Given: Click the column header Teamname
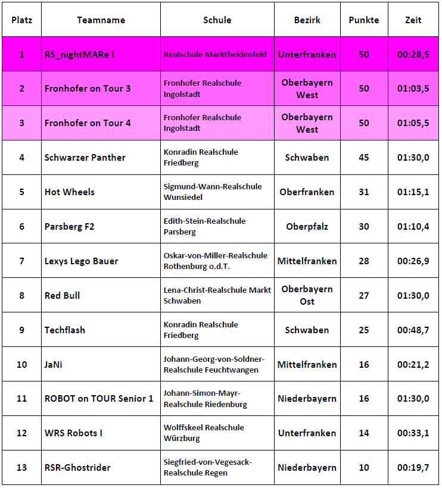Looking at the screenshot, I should click(x=101, y=20).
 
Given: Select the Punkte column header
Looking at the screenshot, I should click(x=363, y=20).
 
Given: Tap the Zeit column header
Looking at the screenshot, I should click(x=413, y=20).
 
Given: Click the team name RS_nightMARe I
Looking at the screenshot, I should click(x=79, y=54).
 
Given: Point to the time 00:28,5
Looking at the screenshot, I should click(x=413, y=54).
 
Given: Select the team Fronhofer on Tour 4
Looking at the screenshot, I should click(x=88, y=123).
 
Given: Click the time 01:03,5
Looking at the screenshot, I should click(x=413, y=89).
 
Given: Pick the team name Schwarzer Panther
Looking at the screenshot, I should click(x=85, y=158).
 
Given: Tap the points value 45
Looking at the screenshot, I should click(x=363, y=158).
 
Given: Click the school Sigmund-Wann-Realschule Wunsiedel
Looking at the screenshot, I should click(x=213, y=192).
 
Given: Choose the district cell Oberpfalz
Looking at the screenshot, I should click(x=307, y=226).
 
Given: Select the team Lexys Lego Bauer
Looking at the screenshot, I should click(x=81, y=261).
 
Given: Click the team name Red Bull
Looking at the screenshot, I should click(x=62, y=295).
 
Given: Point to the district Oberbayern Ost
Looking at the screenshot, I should click(x=307, y=295).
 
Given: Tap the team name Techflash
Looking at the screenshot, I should click(x=65, y=330).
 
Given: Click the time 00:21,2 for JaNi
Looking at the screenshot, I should click(x=413, y=364).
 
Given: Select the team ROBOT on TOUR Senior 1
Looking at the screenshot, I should click(x=99, y=399).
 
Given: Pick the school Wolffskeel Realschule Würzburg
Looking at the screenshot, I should click(x=204, y=433).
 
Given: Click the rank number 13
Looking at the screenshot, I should click(x=21, y=468).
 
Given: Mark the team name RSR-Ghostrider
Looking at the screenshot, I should click(x=77, y=468).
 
